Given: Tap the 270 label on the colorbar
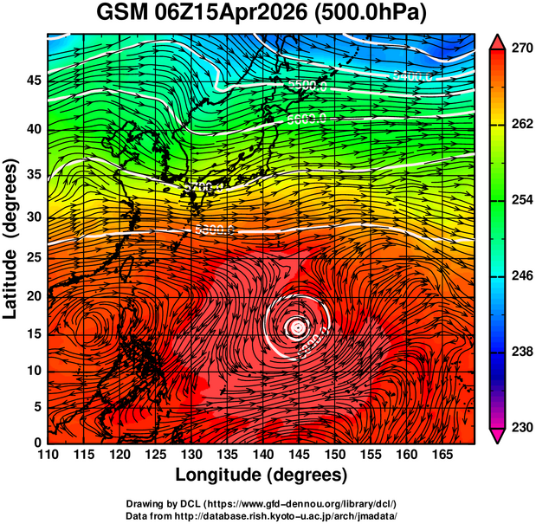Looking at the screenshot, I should pos(519,49).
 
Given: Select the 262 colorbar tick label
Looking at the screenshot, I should pos(519,125).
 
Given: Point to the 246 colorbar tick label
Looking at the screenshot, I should pos(519,276).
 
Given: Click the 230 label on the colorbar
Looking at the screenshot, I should pos(519,427).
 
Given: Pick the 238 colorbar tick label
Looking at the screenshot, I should pos(519,352).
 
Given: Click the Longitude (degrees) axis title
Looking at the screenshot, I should pos(262,475).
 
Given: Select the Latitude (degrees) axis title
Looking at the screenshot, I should pos(12,238).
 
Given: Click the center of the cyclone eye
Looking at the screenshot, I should pos(297,327).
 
